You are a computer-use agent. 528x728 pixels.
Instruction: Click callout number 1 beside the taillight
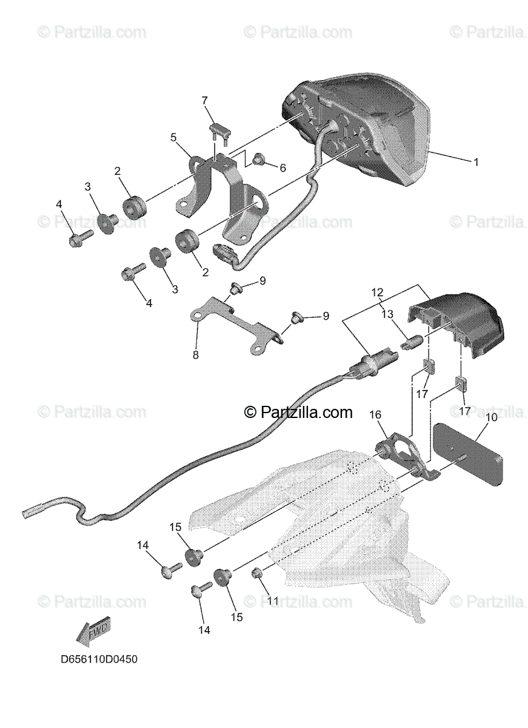click(x=476, y=162)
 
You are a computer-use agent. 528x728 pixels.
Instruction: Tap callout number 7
click(x=205, y=99)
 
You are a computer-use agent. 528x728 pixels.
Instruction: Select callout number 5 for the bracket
click(x=173, y=138)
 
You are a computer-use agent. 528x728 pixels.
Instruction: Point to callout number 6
click(x=283, y=167)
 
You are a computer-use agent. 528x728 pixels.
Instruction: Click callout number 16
click(x=375, y=414)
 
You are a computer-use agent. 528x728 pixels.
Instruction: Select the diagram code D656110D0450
click(x=99, y=659)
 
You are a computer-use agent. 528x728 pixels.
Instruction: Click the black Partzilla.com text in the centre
click(x=298, y=413)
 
